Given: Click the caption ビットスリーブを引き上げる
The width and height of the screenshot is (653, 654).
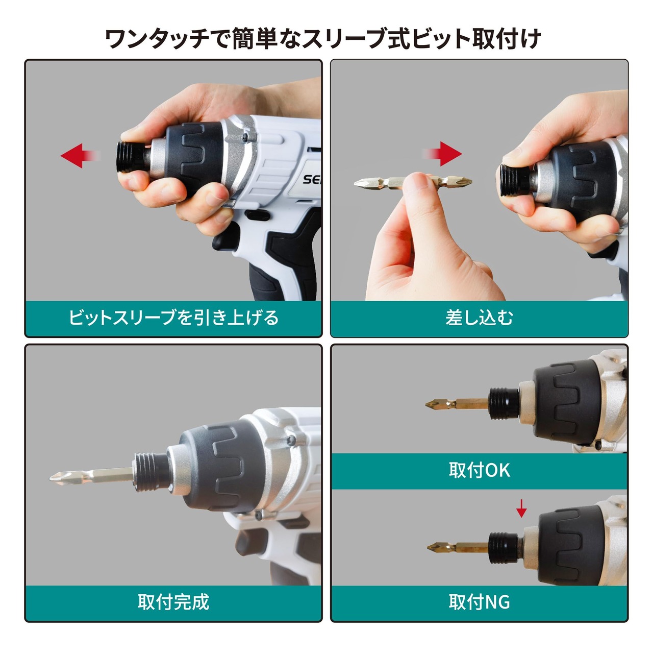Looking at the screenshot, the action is click(x=173, y=318).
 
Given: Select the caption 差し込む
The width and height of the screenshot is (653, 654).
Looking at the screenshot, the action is click(x=479, y=318).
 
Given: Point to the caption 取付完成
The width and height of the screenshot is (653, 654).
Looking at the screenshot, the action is click(x=173, y=602).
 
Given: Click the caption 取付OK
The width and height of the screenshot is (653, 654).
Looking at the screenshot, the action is click(x=479, y=470).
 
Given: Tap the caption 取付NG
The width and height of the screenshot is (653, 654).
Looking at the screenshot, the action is click(x=479, y=602).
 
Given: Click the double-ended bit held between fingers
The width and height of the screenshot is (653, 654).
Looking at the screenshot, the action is click(x=413, y=183).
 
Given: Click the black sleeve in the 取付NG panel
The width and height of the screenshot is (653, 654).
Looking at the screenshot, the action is click(x=504, y=547).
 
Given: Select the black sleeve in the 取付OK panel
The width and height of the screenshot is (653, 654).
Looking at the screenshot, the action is click(x=504, y=403).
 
